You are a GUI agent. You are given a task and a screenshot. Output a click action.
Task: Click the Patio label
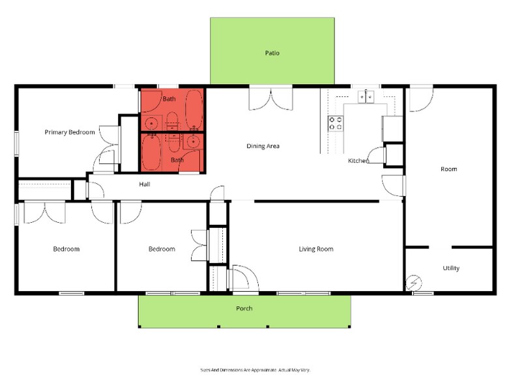[272, 53]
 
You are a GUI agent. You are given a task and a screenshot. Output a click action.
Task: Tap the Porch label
[244, 308]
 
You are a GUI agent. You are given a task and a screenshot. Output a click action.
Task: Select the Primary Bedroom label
[70, 132]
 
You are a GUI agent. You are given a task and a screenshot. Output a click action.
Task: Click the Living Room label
[316, 249]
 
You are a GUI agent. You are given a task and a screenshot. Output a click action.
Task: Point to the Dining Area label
[263, 146]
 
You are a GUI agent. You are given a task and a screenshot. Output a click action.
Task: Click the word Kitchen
[358, 160]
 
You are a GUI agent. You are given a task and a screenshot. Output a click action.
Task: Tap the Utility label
[451, 268]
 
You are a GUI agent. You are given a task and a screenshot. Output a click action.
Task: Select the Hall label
[145, 184]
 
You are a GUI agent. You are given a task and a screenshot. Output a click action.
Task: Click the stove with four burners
[335, 123]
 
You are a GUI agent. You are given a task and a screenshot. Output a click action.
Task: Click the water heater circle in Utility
[414, 283]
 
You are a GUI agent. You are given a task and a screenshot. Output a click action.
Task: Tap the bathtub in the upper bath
[194, 109]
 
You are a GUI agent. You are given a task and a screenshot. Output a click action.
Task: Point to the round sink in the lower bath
[193, 141]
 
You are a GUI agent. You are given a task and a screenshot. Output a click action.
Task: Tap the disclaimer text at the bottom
[255, 369]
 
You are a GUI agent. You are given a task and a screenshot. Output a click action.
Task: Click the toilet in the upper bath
[172, 120]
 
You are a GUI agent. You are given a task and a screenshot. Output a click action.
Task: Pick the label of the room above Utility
[448, 169]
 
